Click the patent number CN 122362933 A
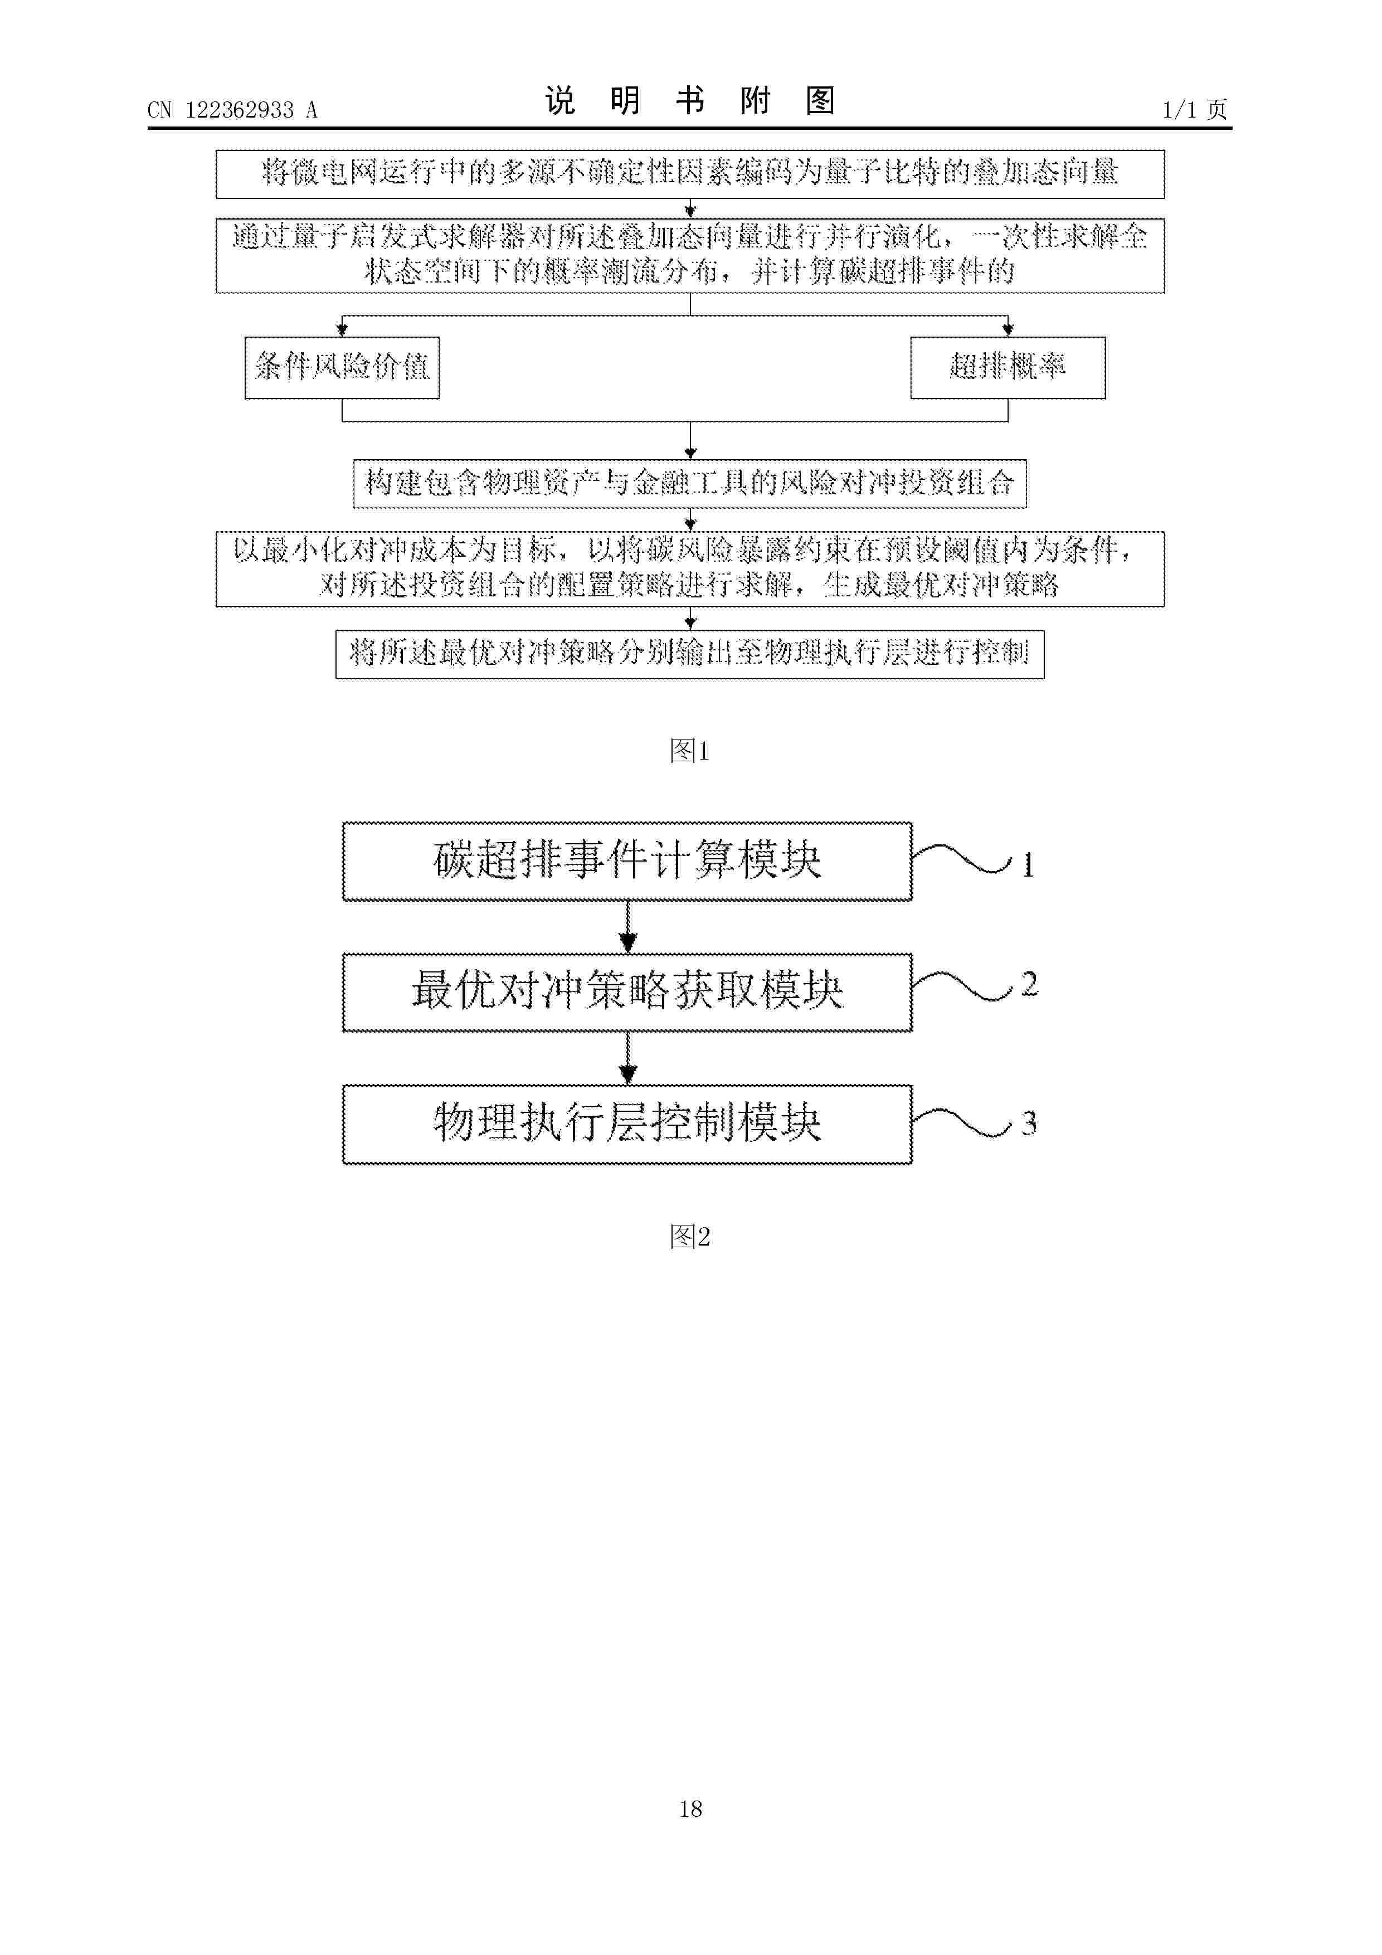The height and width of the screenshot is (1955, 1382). click(x=232, y=110)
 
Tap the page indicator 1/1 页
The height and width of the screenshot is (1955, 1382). click(x=1195, y=110)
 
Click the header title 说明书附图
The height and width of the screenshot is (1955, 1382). click(x=690, y=101)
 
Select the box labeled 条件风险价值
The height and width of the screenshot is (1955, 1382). click(x=342, y=368)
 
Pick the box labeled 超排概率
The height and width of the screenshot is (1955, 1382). click(x=1008, y=368)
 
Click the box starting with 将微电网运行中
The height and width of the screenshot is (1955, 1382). click(x=690, y=174)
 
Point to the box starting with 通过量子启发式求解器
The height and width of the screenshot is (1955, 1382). click(x=690, y=255)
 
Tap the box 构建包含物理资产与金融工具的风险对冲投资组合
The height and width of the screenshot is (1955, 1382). click(x=690, y=484)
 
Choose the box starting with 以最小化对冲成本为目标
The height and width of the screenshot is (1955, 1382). click(x=690, y=569)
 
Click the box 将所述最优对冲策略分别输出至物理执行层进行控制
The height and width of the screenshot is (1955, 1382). click(x=690, y=654)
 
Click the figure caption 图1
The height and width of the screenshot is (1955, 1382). click(x=690, y=750)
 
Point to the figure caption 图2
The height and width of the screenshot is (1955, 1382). click(x=690, y=1236)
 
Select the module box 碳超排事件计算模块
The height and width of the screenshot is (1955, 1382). click(x=627, y=861)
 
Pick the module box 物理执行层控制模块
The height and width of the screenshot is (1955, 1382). click(x=627, y=1124)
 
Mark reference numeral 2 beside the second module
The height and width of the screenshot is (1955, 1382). click(x=1029, y=984)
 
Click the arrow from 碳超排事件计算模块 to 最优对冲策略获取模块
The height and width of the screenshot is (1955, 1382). click(x=627, y=926)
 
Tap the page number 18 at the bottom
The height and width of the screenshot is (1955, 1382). click(x=690, y=1808)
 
